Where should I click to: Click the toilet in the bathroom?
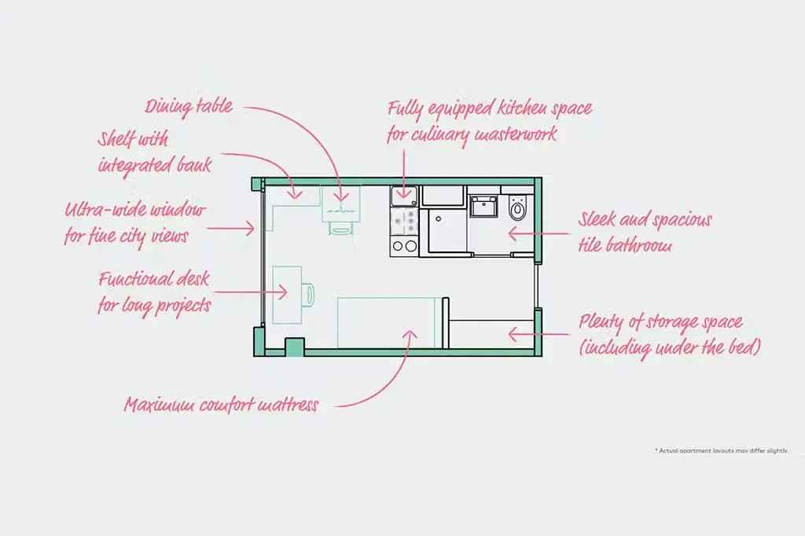(517, 208)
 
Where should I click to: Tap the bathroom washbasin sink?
(483, 207)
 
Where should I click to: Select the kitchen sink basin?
(404, 196)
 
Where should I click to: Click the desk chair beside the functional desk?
(307, 295)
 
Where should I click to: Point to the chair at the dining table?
(340, 228)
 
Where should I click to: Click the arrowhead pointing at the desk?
(282, 292)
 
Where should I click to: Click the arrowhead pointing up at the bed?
(410, 335)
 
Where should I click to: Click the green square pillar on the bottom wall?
(294, 347)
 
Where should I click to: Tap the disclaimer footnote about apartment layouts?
(721, 450)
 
